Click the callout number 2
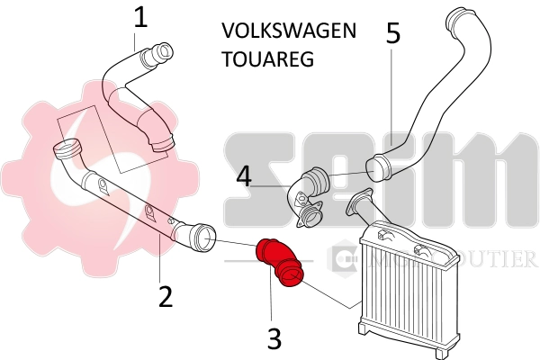[165, 296]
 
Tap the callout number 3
[275, 337]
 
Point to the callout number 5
[392, 33]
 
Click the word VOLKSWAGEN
[288, 31]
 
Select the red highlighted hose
[279, 264]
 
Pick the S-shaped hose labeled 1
[135, 99]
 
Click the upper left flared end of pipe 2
[67, 148]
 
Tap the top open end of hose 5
[464, 19]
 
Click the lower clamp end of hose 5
[378, 166]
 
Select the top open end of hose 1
[163, 53]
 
